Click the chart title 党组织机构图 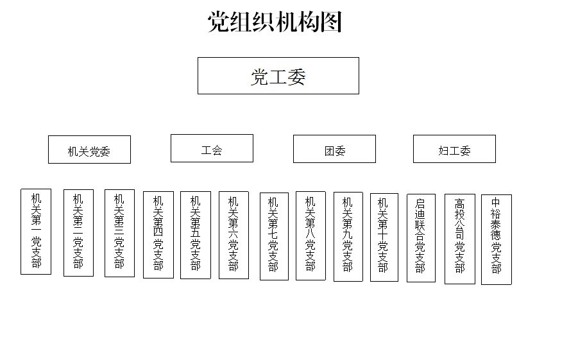[x=275, y=22]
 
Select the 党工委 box [x=278, y=76]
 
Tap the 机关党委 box [x=90, y=150]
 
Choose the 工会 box [x=212, y=148]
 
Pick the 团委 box [x=334, y=149]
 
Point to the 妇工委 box [x=455, y=149]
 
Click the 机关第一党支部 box [x=36, y=232]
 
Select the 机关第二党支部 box [x=78, y=233]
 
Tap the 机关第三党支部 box [x=119, y=233]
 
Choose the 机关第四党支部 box [x=158, y=235]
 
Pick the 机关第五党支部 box [x=196, y=235]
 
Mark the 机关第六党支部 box [x=234, y=235]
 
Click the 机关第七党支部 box [x=275, y=236]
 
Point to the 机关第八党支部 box [x=310, y=236]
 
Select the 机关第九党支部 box [x=348, y=237]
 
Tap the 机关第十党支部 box [x=384, y=237]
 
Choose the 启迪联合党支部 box [x=421, y=238]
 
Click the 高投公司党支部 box [x=460, y=239]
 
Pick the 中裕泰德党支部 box [x=497, y=240]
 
